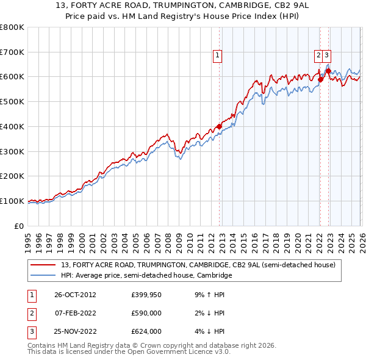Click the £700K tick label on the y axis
[12, 52]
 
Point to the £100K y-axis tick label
[12, 201]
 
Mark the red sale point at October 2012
[220, 127]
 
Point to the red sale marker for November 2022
[328, 71]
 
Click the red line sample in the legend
[45, 265]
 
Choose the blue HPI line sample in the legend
[45, 276]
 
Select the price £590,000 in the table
[146, 313]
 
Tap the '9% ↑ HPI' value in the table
[207, 294]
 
